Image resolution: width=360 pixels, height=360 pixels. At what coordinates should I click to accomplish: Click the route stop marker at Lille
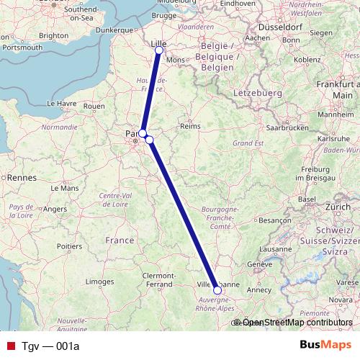coord(158,50)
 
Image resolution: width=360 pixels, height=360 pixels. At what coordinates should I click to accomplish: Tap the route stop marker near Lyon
coord(217,290)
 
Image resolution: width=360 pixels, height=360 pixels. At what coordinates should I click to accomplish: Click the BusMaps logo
coord(325,346)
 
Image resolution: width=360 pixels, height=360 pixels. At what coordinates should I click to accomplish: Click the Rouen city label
coord(94,106)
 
